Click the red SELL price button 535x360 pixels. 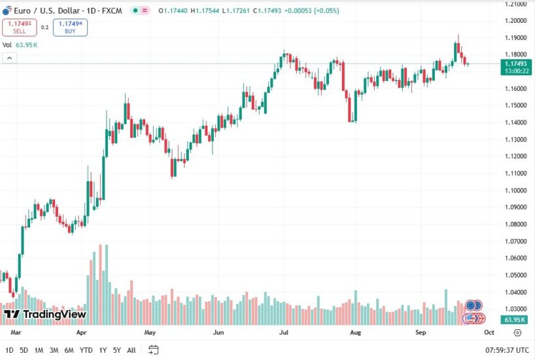point(19,27)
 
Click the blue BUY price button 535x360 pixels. point(70,27)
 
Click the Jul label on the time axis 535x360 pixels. point(285,333)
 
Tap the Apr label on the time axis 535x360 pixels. point(82,333)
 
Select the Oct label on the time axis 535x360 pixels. point(489,333)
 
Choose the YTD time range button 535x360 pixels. point(86,350)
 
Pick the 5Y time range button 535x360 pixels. point(116,350)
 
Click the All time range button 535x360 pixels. point(131,350)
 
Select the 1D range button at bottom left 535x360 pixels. point(9,350)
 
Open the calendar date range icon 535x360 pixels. point(153,350)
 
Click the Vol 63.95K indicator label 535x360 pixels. point(20,45)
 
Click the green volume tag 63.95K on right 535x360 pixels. point(514,320)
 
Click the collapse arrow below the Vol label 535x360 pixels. point(10,58)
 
